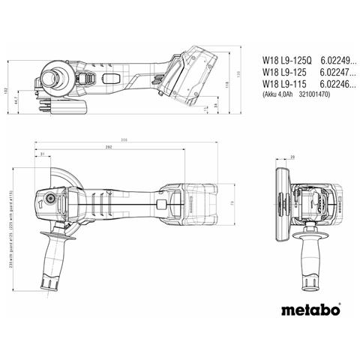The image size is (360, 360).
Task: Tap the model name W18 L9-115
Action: [x=279, y=84]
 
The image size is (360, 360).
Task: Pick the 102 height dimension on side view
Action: [x=7, y=91]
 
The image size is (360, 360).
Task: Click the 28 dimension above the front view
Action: [x=292, y=156]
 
